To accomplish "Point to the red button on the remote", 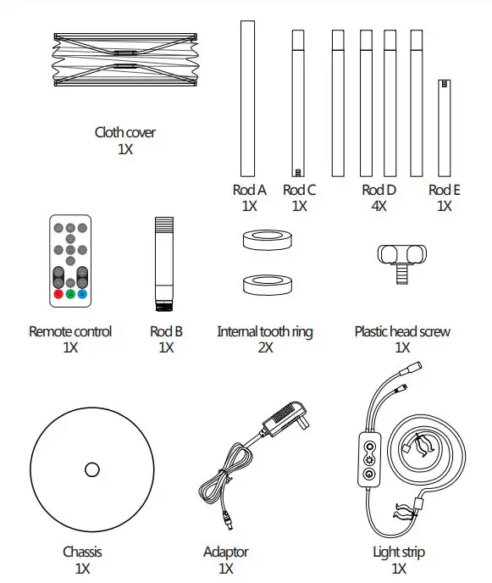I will click(x=58, y=295).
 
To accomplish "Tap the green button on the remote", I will click(x=70, y=295).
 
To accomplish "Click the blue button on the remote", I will click(x=83, y=295).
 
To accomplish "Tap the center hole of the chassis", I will click(x=91, y=469).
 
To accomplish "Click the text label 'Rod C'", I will click(x=299, y=191).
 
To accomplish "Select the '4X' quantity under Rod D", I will click(x=379, y=206).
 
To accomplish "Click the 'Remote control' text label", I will click(x=70, y=332).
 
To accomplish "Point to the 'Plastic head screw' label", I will click(x=402, y=332).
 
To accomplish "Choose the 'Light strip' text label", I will click(x=399, y=552).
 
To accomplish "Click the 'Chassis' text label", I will click(x=82, y=552).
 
